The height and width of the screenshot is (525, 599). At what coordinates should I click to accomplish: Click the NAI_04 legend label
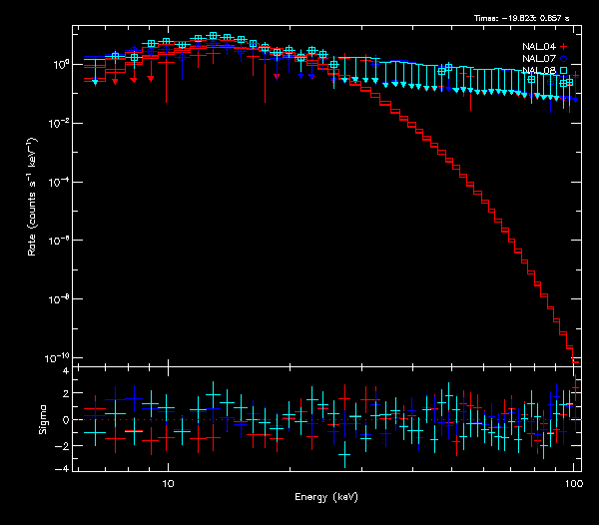coord(537,46)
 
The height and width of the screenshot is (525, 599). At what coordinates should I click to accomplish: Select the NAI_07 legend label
coord(537,58)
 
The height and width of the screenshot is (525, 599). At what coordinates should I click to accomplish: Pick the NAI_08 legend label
coord(537,70)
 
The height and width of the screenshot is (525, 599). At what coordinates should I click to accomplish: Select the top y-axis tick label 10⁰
coord(60,64)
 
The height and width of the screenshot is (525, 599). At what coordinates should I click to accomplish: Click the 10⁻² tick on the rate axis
coord(60,123)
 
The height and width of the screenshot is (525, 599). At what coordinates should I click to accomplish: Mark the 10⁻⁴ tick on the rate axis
coord(60,182)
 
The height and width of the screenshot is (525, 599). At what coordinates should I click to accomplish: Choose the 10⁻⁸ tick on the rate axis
coord(60,298)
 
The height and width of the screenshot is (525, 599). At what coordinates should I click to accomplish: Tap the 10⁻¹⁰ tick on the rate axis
coord(59,357)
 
